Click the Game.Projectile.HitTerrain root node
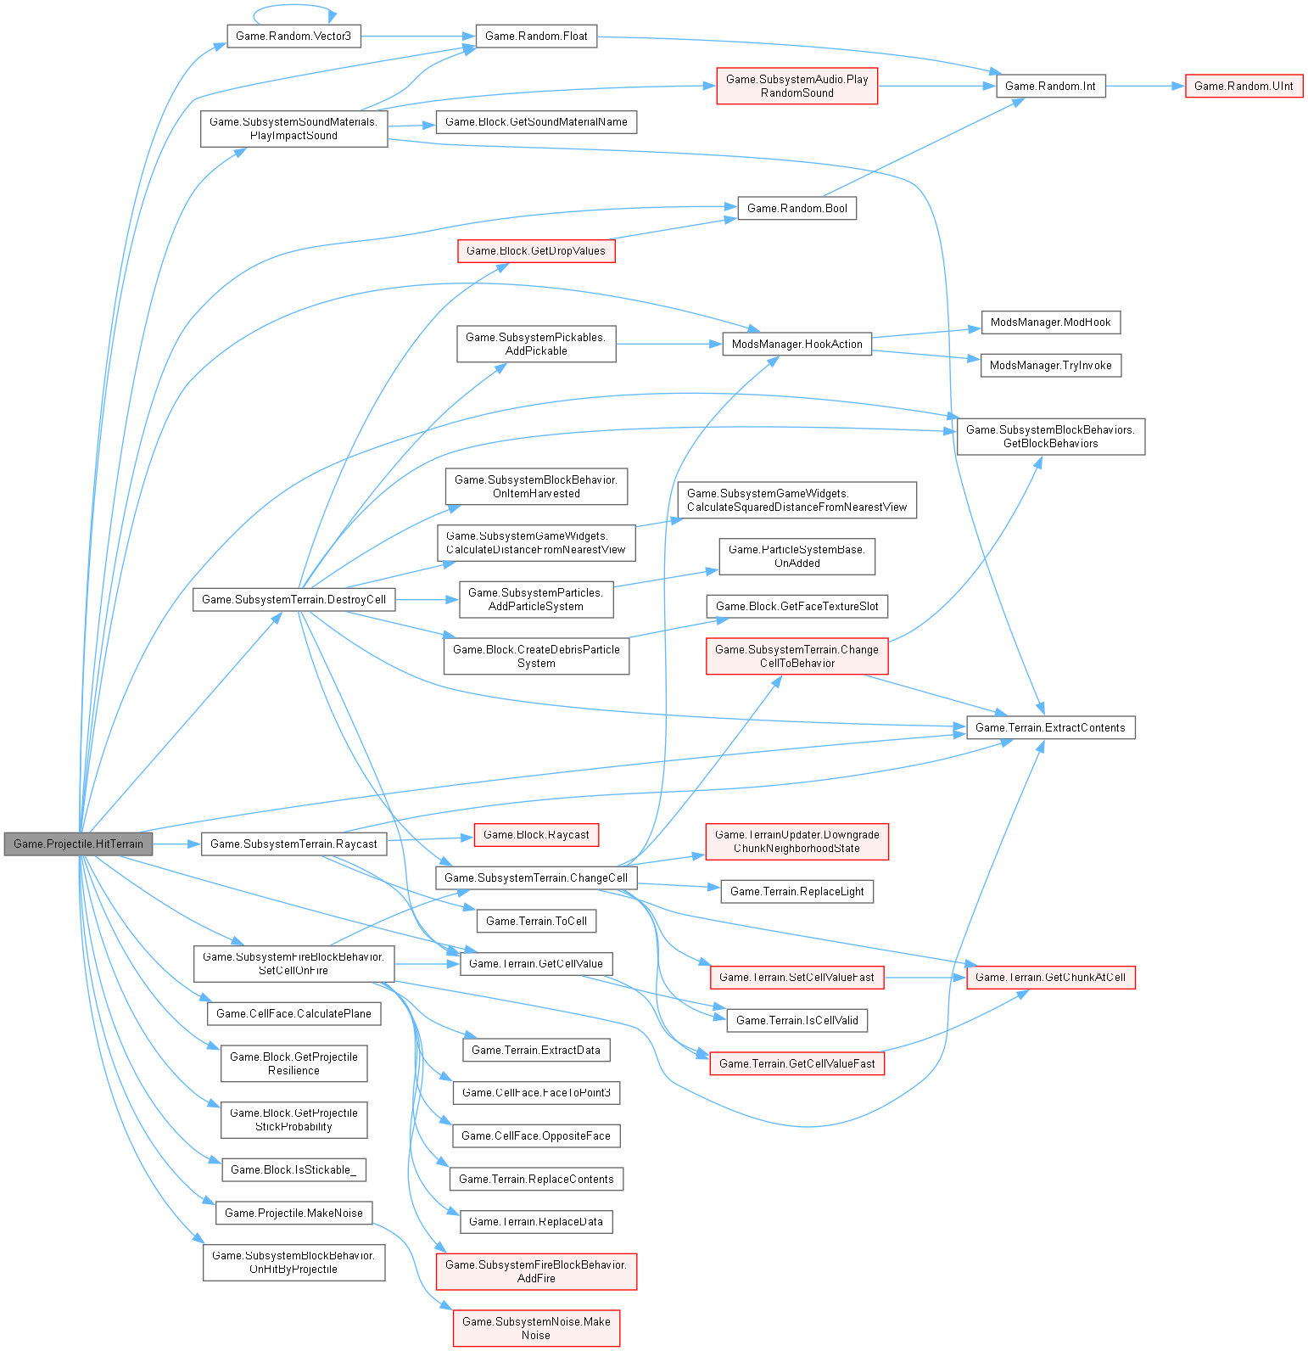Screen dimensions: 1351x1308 coord(78,844)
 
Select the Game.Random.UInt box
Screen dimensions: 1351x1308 coord(1244,86)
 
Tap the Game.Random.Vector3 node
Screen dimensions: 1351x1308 coord(293,36)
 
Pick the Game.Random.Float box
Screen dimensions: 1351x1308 coord(536,36)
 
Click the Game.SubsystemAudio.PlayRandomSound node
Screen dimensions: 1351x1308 coord(797,87)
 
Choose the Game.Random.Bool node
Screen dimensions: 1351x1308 coord(797,209)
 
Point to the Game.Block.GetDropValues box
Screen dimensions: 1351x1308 coord(535,251)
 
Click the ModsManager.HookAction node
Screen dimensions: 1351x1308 coord(797,345)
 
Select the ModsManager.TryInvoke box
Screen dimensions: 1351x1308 coord(1050,366)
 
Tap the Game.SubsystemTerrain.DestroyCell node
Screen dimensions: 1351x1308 coord(293,600)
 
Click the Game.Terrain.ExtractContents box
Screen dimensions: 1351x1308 coord(1050,728)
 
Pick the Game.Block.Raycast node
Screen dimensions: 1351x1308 coord(536,835)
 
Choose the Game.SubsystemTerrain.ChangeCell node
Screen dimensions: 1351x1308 coord(536,878)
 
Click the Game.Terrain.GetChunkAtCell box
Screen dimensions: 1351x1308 coord(1050,978)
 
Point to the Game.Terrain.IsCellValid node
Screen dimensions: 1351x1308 coord(797,1021)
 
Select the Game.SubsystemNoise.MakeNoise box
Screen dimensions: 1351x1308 coord(536,1328)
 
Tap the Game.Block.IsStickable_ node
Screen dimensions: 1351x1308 coord(293,1170)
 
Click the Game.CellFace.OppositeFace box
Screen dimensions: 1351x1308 coord(536,1136)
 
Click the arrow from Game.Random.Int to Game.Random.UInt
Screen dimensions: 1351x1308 coord(1145,86)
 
